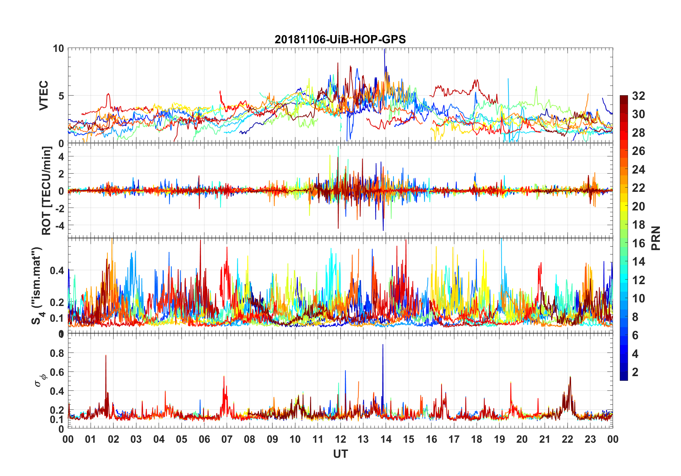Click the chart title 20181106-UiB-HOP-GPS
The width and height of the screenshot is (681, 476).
(340, 39)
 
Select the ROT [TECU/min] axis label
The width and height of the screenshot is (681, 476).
(47, 190)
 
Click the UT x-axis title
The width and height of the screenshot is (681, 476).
(340, 454)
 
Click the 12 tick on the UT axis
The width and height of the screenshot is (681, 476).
(340, 439)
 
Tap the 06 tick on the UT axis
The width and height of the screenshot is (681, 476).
(204, 439)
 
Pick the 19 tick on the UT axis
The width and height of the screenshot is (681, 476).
(499, 439)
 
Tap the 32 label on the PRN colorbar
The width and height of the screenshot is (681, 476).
(638, 96)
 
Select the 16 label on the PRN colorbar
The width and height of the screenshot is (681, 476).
(638, 243)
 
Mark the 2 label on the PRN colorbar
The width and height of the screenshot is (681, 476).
(635, 372)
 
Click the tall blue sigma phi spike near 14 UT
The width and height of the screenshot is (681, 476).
(383, 346)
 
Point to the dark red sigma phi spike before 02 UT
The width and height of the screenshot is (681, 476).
(106, 356)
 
